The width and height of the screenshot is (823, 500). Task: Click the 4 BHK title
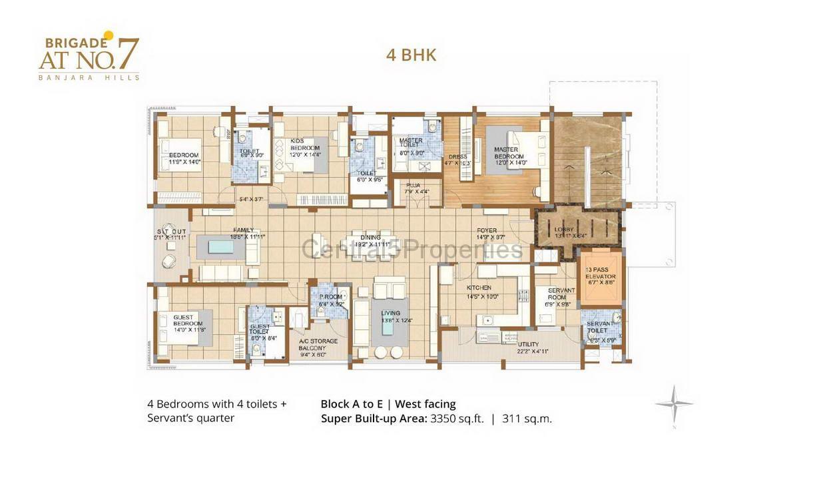tap(411, 55)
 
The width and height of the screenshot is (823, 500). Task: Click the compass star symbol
tap(674, 404)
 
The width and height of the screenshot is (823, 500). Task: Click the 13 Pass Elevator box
tap(601, 276)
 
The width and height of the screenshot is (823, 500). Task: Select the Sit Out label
tap(166, 234)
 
